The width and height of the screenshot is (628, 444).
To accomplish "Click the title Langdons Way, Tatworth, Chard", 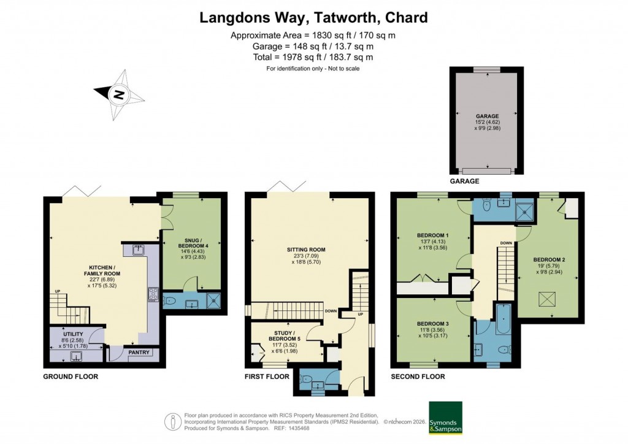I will pyautogui.click(x=313, y=17).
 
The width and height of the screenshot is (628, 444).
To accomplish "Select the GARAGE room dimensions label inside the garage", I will pyautogui.click(x=488, y=121).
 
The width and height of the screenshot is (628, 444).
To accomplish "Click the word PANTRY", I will pyautogui.click(x=139, y=352).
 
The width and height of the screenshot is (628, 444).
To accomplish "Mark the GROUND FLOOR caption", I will pyautogui.click(x=70, y=377).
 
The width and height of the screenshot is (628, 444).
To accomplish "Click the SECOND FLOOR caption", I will pyautogui.click(x=418, y=377).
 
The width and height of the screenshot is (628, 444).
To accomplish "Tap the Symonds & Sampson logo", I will pyautogui.click(x=445, y=418).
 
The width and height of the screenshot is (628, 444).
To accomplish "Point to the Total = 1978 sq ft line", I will pyautogui.click(x=313, y=57).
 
